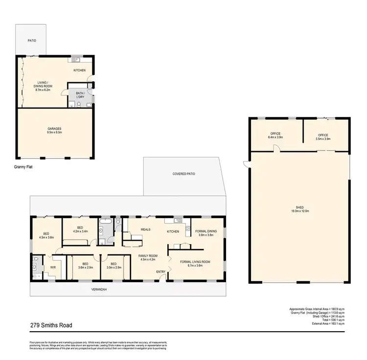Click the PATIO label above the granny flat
(31, 41)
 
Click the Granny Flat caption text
(24, 166)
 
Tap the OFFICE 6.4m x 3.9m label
(275, 136)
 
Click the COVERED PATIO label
(183, 174)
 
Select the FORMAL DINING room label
(206, 233)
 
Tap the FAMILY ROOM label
(147, 258)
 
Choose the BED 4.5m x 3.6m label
(46, 235)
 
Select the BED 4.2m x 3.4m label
(80, 229)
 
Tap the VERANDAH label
(99, 290)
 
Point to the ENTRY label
(161, 272)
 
